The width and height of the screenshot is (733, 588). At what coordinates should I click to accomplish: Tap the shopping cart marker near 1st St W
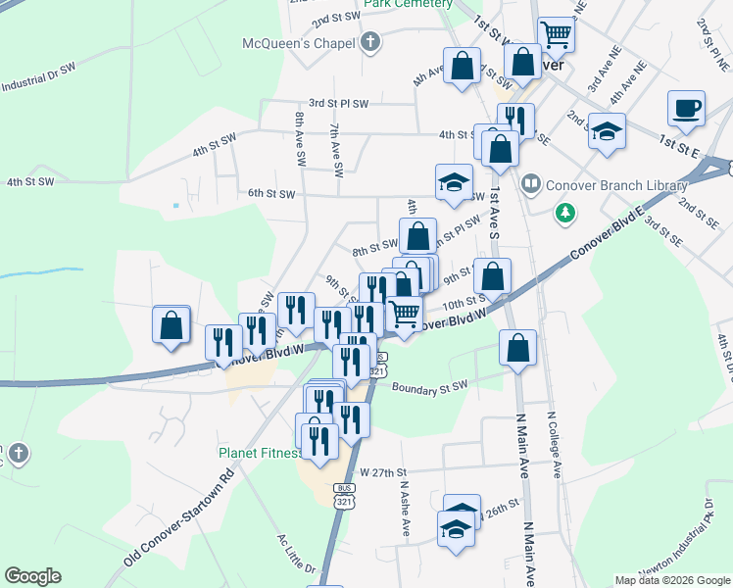tap(556, 34)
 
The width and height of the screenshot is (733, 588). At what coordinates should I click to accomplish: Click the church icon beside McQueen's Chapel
tap(369, 42)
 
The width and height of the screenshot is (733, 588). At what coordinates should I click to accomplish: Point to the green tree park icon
tap(565, 212)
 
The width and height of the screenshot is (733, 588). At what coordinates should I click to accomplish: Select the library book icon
tap(530, 182)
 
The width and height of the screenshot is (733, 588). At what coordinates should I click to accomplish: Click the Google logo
tap(32, 576)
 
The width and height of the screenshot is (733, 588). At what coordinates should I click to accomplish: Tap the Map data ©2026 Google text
tap(672, 580)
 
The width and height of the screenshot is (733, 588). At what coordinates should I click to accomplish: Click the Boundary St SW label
tap(429, 388)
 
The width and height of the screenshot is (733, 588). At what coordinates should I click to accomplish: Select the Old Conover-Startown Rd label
tap(180, 519)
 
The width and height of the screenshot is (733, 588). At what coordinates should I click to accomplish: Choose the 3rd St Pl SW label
tap(338, 103)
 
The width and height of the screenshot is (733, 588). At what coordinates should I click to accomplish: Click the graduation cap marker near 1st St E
tap(608, 132)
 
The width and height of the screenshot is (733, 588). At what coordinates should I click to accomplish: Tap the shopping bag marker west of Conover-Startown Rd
tap(171, 325)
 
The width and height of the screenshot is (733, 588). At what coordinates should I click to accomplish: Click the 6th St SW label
tap(271, 193)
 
